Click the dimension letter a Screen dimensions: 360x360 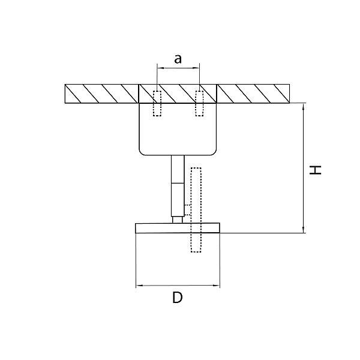point(178,59)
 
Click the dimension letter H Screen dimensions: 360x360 point(315,170)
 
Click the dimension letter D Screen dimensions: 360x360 point(178,298)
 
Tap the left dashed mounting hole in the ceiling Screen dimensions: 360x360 point(157,103)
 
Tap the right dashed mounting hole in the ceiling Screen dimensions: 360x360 point(199,103)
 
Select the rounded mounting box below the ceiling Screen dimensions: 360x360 point(178,129)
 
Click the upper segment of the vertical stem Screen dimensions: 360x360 point(178,169)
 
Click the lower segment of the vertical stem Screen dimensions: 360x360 point(178,200)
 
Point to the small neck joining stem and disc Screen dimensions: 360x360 point(178,220)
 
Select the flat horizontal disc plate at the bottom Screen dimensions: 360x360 point(178,228)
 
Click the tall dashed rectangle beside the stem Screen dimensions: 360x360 point(196,210)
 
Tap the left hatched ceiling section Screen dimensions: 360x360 point(102,94)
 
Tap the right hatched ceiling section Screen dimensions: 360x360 point(253,94)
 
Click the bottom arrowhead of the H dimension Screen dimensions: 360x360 point(304,230)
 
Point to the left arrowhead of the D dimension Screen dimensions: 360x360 point(140,286)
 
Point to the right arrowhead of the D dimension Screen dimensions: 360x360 point(216,286)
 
